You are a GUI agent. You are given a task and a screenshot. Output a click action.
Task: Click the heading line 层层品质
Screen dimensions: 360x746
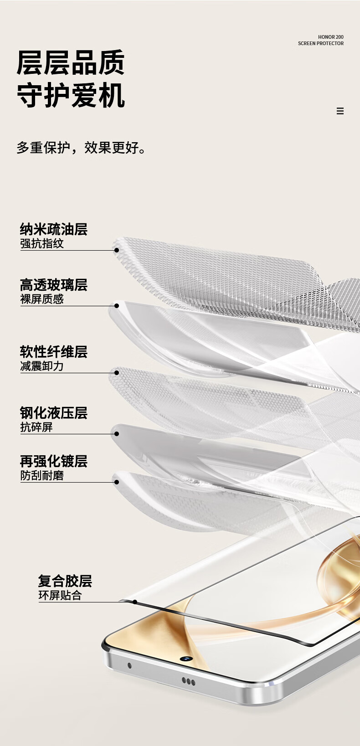71,62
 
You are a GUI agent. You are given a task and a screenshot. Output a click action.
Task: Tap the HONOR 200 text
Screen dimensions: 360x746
330,37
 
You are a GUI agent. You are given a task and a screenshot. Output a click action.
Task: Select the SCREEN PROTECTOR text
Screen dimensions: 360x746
320,43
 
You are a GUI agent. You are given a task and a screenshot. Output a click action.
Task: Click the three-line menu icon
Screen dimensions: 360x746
340,111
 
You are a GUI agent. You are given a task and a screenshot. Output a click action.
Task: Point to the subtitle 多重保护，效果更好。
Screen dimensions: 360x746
82,148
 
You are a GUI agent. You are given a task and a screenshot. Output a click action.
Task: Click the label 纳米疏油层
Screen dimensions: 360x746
53,229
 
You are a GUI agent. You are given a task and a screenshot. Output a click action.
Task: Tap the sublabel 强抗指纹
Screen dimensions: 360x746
41,243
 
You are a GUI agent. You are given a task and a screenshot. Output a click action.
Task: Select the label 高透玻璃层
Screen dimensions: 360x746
53,285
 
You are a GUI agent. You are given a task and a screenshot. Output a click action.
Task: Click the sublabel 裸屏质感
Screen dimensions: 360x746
41,299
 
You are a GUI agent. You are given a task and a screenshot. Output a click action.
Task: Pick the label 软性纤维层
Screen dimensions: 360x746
53,352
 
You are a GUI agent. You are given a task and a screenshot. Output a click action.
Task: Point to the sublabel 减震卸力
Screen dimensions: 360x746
41,366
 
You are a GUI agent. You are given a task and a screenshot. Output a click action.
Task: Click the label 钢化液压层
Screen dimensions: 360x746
53,413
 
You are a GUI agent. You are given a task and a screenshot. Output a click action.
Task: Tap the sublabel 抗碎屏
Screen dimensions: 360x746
36,427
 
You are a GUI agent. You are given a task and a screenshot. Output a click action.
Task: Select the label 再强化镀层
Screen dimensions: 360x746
53,461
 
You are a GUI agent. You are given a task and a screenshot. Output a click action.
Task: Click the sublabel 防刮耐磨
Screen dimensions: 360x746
41,475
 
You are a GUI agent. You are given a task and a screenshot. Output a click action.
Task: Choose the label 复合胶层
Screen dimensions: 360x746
65,581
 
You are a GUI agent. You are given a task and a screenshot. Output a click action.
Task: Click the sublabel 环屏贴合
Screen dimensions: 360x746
60,595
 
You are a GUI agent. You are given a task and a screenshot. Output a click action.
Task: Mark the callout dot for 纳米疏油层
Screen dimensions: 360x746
117,250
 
